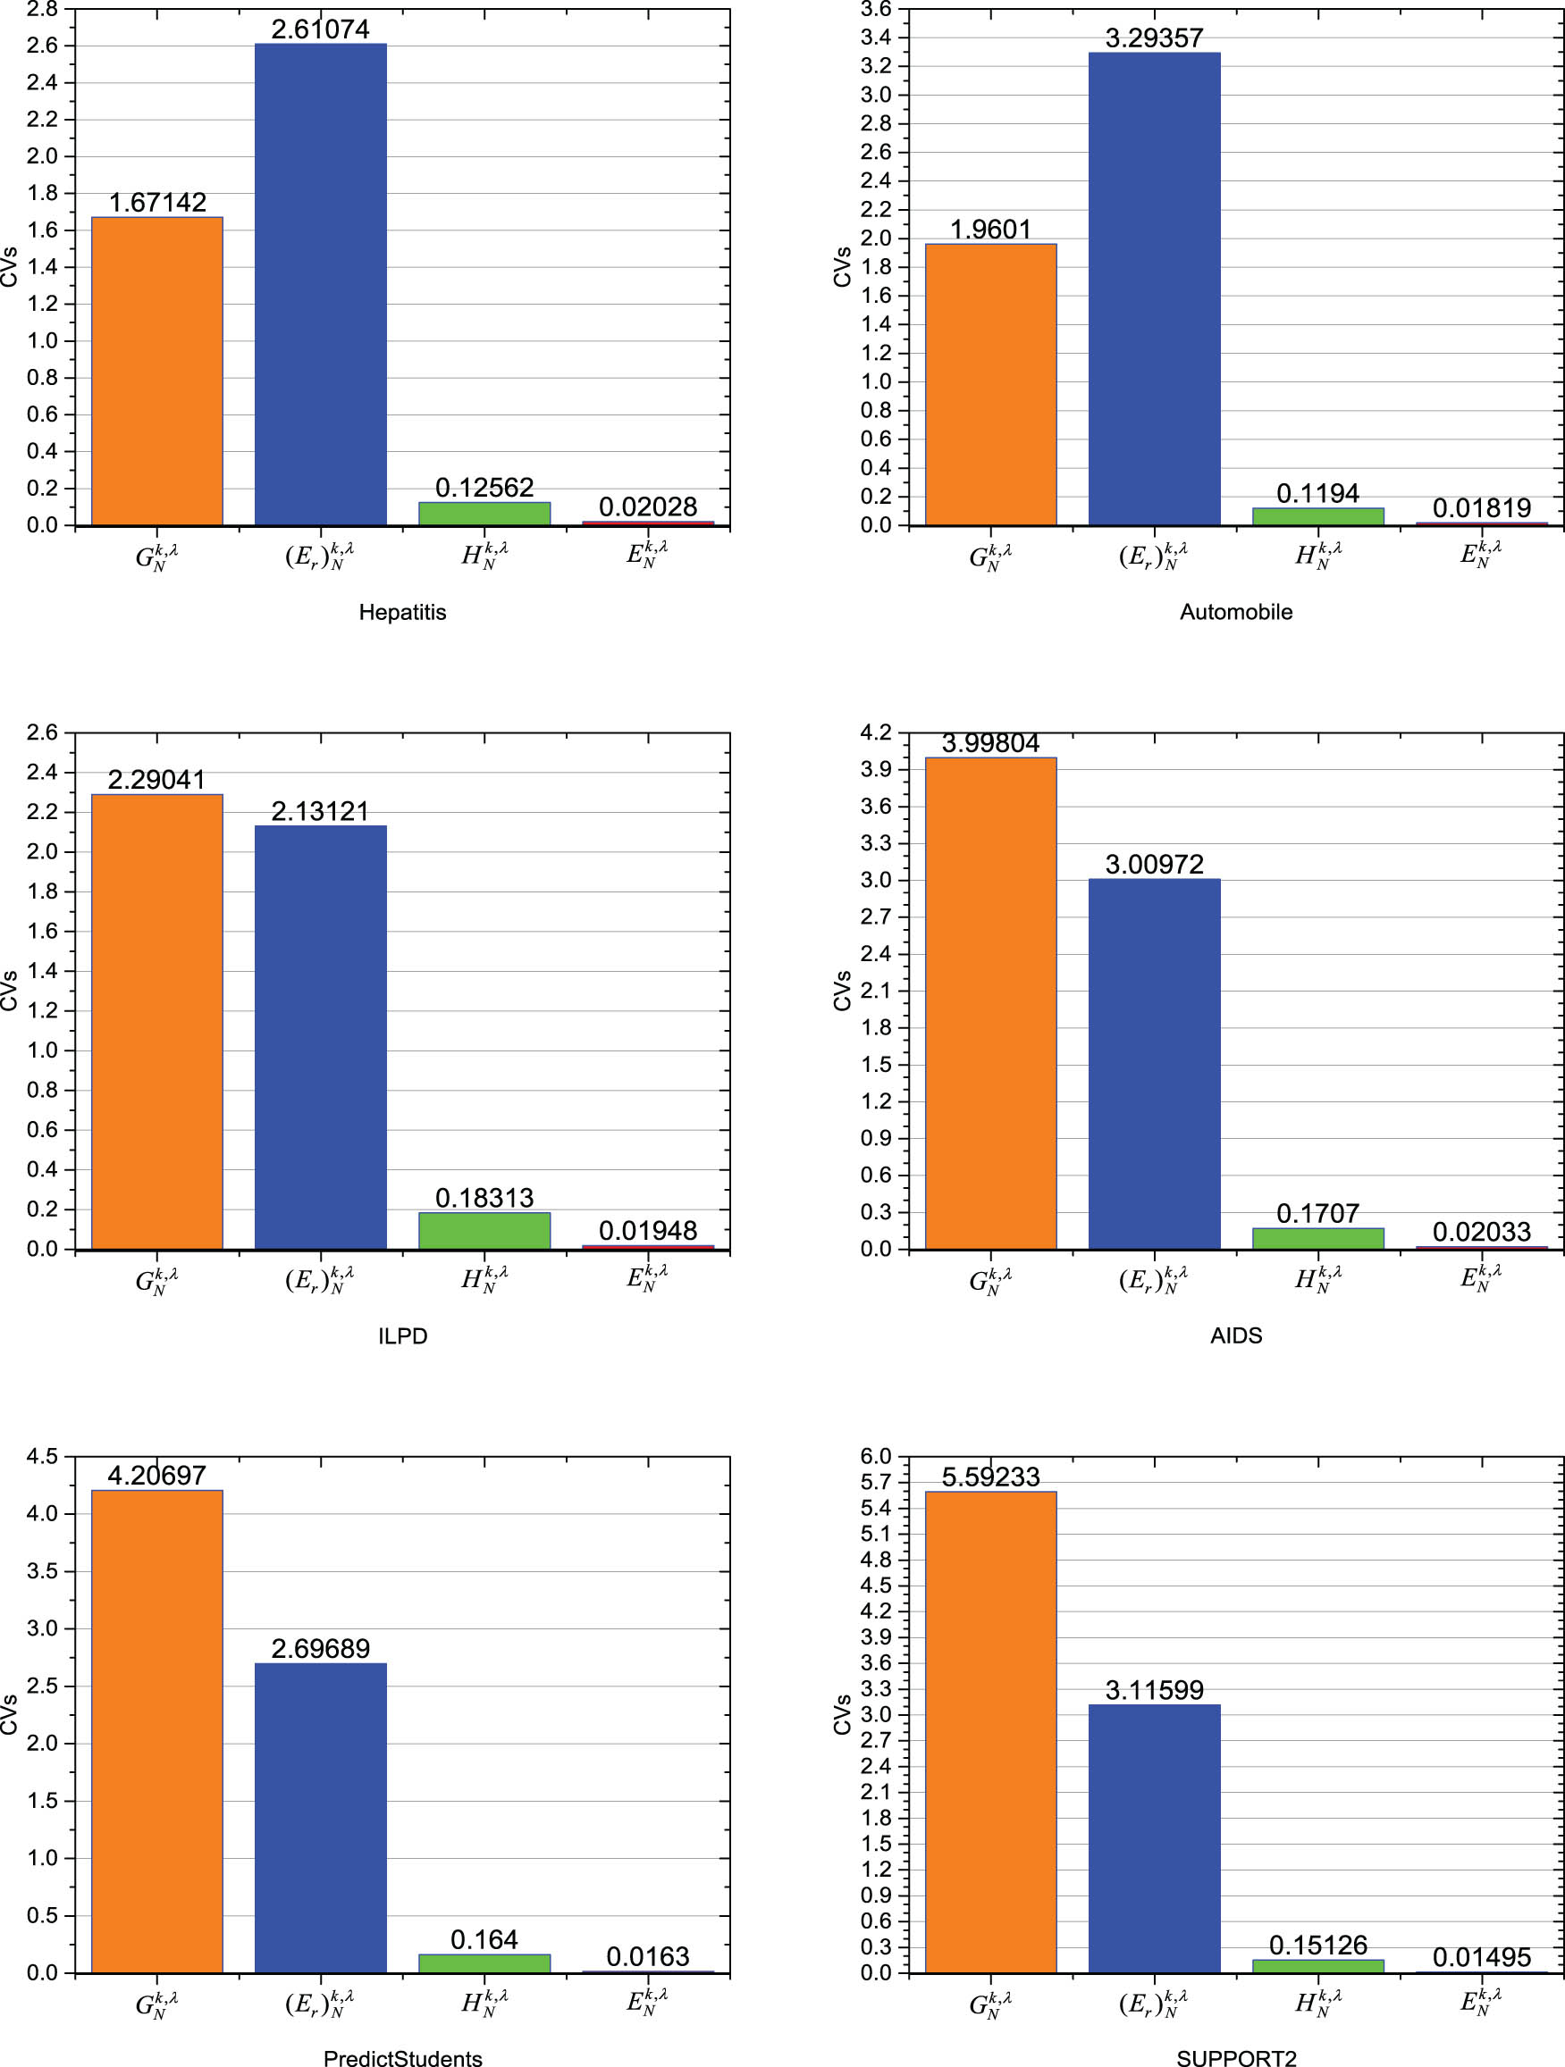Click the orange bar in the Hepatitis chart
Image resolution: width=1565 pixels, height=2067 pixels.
point(157,371)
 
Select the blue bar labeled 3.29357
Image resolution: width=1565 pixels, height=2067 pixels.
point(1154,289)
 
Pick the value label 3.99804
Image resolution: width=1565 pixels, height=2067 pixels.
point(990,744)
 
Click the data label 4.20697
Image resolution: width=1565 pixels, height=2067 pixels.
point(157,1476)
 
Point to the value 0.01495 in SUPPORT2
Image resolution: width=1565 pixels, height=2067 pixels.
point(1482,1957)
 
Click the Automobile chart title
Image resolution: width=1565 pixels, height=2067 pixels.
point(1235,612)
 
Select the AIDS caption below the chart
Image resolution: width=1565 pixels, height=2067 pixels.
point(1235,1335)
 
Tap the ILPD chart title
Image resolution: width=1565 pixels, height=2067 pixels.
point(402,1335)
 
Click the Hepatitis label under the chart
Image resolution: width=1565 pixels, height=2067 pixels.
point(402,612)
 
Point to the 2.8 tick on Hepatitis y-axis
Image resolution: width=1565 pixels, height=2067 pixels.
point(42,9)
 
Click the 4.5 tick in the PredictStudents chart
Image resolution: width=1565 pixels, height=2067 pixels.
point(42,1457)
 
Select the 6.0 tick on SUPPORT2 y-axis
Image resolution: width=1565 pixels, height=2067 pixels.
point(876,1457)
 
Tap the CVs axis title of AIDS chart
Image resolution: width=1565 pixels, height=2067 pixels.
point(842,991)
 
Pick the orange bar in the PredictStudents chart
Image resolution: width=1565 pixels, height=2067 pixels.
point(157,1730)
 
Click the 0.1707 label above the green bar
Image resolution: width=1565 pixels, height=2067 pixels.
point(1317,1214)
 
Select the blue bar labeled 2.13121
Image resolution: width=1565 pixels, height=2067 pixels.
point(321,1037)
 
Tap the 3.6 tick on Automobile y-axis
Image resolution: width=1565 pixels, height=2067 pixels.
point(876,9)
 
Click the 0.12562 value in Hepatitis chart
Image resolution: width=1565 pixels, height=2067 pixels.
point(484,488)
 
